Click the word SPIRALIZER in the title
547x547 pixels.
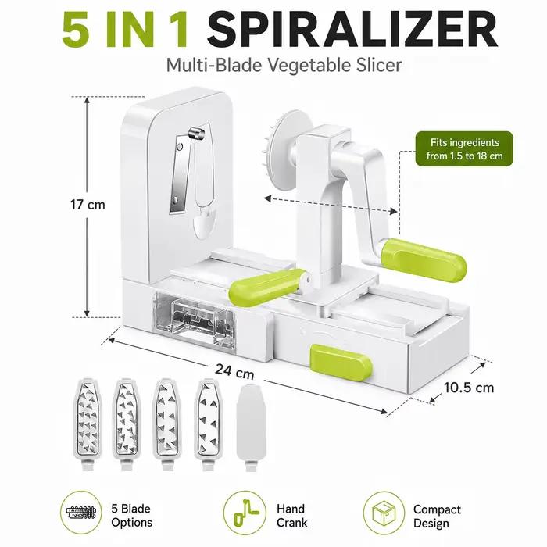(352, 30)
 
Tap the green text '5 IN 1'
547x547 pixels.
(125, 30)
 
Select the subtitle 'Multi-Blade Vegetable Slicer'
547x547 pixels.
(284, 65)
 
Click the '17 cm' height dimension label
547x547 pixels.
(88, 205)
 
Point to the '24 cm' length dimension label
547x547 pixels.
(234, 371)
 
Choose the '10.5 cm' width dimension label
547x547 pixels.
(469, 388)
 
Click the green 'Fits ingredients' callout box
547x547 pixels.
(464, 148)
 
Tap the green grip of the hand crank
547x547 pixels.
(423, 260)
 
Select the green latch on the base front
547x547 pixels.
(341, 362)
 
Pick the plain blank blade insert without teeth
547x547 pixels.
(251, 427)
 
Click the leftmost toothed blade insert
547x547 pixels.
(88, 424)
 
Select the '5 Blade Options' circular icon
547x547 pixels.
(81, 512)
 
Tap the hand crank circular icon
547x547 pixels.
(244, 512)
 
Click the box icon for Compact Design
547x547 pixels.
(384, 513)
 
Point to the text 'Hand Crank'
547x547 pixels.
(291, 516)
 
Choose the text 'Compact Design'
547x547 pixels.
(437, 517)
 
